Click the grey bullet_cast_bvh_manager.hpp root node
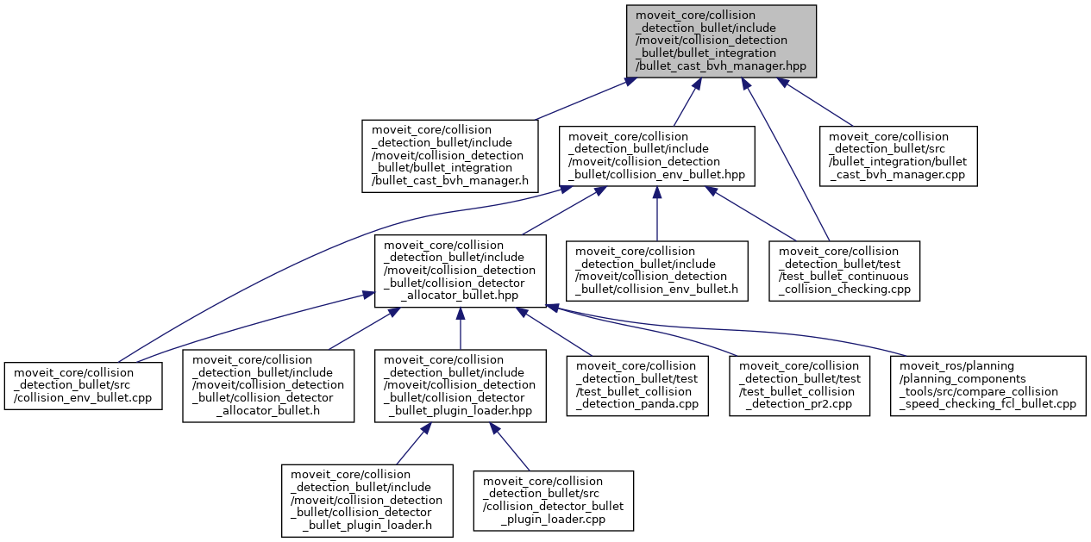coord(721,40)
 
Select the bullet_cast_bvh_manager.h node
coord(449,155)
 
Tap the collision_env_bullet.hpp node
coord(656,155)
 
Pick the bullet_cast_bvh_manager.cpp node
coord(898,155)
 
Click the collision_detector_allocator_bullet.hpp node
coord(460,270)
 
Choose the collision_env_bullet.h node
coord(656,270)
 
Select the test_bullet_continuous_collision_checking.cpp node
coord(845,270)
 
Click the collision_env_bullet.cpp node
coord(84,385)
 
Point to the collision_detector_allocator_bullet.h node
coord(268,385)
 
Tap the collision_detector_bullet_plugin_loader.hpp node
coord(460,385)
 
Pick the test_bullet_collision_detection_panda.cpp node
coord(641,385)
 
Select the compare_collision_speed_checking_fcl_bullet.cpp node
coord(986,385)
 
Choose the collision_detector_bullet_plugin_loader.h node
coord(367,501)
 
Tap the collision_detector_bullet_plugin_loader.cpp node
coord(553,501)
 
